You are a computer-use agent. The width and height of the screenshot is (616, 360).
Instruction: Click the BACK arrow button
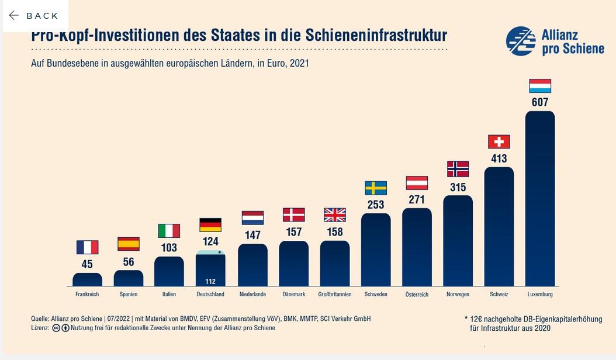tap(34, 16)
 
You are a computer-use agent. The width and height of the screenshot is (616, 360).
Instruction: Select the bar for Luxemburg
tap(539, 199)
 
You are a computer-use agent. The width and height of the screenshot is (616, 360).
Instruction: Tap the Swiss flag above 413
tap(499, 141)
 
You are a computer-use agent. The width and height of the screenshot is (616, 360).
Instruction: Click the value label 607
tap(539, 102)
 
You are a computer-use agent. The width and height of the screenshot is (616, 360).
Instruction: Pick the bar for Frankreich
tap(87, 279)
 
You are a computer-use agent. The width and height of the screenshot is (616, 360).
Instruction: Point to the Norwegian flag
tap(458, 169)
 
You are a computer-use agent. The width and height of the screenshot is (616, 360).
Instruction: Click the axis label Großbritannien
tap(335, 295)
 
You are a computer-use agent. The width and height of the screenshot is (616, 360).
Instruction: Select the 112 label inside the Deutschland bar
tap(210, 282)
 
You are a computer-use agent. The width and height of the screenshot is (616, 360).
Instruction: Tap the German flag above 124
tap(210, 225)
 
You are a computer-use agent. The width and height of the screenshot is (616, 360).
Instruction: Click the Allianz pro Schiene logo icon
tap(521, 41)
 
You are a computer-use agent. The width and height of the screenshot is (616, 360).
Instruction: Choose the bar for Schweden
tap(376, 250)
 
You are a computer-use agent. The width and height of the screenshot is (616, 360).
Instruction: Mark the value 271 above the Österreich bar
tap(417, 200)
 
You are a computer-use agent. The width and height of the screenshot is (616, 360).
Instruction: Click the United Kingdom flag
tap(335, 215)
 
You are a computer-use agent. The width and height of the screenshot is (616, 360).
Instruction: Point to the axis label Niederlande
tap(252, 295)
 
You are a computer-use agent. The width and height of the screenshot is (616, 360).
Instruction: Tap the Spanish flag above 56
tap(129, 244)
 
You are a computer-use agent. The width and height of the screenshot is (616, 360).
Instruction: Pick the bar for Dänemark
tap(293, 264)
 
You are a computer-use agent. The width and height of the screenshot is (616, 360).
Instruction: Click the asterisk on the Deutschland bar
tap(219, 252)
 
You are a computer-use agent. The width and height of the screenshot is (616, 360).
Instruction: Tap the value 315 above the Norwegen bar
tap(458, 188)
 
